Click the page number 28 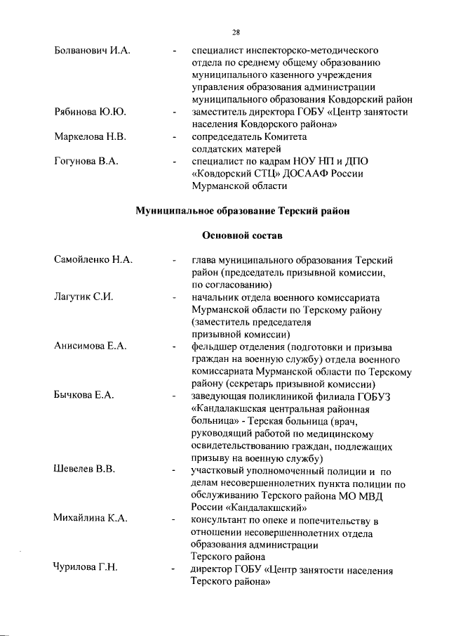(236, 32)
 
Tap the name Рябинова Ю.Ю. (90, 112)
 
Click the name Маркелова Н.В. (90, 136)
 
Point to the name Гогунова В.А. (86, 161)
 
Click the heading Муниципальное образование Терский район (241, 210)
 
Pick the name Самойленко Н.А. (93, 260)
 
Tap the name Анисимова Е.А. (90, 346)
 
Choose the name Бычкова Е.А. (84, 395)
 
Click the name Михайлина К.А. (91, 519)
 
